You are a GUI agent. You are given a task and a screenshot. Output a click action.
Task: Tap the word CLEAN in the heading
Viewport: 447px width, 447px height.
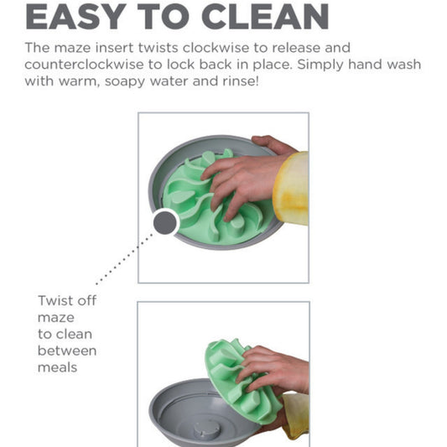pyautogui.click(x=265, y=17)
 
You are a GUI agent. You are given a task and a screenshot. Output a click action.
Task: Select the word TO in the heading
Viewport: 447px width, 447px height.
pyautogui.click(x=164, y=17)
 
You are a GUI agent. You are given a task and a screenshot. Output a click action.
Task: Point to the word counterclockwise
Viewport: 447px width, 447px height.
pyautogui.click(x=84, y=65)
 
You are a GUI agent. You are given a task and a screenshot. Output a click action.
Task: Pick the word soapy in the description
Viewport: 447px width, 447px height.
pyautogui.click(x=125, y=82)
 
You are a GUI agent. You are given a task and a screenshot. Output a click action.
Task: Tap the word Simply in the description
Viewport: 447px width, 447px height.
pyautogui.click(x=320, y=65)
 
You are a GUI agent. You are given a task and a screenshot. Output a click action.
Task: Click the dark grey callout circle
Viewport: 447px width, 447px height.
pyautogui.click(x=164, y=222)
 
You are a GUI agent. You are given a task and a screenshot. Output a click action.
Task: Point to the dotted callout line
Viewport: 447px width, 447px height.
pyautogui.click(x=124, y=259)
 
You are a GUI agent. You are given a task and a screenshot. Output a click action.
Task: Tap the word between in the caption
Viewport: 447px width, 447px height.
pyautogui.click(x=67, y=351)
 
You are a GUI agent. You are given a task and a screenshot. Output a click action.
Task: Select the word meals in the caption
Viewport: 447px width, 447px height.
pyautogui.click(x=57, y=367)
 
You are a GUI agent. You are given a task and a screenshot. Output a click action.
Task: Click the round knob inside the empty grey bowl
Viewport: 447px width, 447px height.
pyautogui.click(x=207, y=429)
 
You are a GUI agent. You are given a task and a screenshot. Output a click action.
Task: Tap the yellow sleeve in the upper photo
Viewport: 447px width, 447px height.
pyautogui.click(x=291, y=189)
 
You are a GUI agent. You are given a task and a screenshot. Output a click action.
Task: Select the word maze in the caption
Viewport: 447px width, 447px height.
pyautogui.click(x=56, y=318)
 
